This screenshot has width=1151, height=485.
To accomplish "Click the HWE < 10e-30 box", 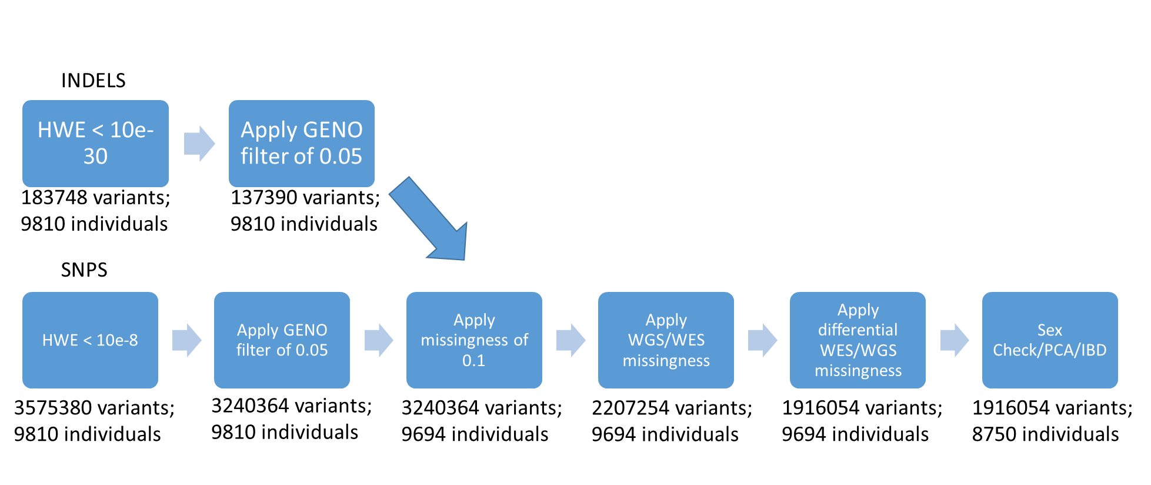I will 95,144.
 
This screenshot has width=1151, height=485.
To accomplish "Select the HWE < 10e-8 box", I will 90,340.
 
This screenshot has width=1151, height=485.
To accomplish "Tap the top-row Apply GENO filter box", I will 301,144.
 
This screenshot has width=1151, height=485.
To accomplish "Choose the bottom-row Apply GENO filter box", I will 282,340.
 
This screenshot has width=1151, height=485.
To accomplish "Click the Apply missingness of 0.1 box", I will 474,340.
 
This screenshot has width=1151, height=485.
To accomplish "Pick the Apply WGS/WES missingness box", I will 666,340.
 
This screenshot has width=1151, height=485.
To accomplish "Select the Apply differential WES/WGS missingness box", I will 858,340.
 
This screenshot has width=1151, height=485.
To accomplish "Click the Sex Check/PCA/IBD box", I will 1050,340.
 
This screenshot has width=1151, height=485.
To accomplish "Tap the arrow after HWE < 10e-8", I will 186,340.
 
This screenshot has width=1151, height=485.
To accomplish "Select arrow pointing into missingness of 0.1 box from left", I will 379,340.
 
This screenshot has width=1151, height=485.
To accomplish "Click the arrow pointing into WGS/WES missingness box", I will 571,340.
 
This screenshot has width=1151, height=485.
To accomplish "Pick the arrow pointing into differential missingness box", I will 762,340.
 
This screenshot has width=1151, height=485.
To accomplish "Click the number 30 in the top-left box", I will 95,157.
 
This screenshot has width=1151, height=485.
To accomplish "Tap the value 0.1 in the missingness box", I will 473,361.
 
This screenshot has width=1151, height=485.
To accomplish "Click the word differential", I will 858,330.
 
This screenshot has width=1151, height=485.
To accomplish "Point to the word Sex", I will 1050,330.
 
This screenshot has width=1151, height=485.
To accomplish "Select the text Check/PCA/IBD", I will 1050,350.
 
